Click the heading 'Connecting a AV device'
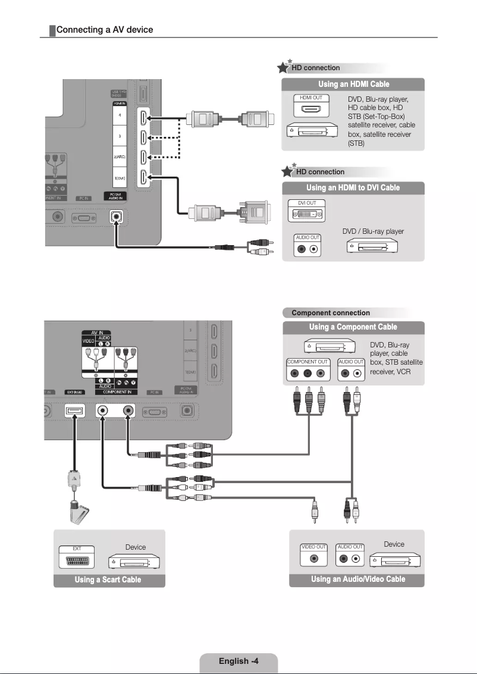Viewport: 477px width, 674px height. coord(104,30)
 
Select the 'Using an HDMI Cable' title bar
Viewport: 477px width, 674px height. coord(353,84)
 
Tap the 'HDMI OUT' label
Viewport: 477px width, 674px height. coord(311,97)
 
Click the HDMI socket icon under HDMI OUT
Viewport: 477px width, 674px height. coord(311,109)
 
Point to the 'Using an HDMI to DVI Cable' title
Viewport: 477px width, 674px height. coord(353,188)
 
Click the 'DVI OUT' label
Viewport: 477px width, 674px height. coord(307,203)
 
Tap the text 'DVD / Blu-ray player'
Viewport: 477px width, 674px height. coord(373,231)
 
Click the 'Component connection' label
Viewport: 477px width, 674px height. coord(330,313)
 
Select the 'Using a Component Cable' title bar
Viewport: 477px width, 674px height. coord(353,327)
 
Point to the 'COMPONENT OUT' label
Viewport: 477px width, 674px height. coord(307,362)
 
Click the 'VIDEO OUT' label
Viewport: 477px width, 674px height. coord(314,547)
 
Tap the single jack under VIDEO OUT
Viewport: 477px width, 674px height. coord(314,559)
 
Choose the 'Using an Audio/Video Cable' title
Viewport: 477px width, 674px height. coord(357,579)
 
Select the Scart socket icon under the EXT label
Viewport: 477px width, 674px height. coord(76,560)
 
